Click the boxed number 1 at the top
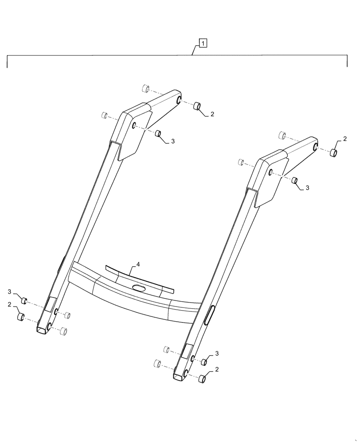point(202,43)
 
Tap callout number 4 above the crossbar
point(138,264)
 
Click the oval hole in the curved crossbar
point(139,288)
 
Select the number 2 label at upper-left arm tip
point(212,114)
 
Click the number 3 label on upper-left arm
point(173,141)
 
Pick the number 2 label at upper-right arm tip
point(344,139)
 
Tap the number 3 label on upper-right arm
point(308,188)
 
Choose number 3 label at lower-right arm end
point(217,353)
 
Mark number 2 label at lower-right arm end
point(217,369)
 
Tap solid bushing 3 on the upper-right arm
point(293,180)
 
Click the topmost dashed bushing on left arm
point(145,88)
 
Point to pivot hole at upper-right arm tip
point(315,147)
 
